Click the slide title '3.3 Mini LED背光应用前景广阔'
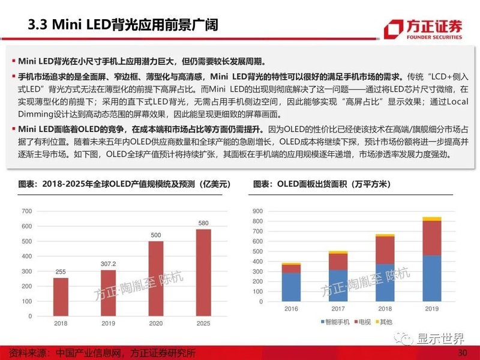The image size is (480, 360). [x=123, y=25]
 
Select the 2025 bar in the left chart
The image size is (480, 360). [x=203, y=272]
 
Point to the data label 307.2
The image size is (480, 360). [x=108, y=263]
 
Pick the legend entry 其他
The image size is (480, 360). [x=385, y=339]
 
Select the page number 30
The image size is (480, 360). [x=462, y=352]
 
